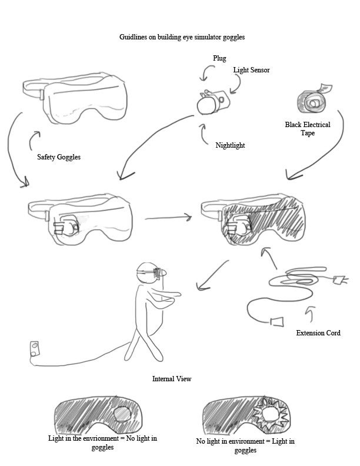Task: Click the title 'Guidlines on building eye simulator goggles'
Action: click(182, 36)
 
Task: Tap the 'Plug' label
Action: click(219, 58)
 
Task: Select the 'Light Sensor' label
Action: click(251, 69)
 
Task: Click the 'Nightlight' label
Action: click(230, 145)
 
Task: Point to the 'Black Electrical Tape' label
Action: click(308, 128)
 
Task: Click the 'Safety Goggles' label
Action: click(58, 157)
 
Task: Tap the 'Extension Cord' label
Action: click(318, 333)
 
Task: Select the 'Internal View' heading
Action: click(172, 379)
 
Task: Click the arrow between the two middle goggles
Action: click(168, 218)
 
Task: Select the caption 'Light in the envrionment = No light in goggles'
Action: click(102, 442)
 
